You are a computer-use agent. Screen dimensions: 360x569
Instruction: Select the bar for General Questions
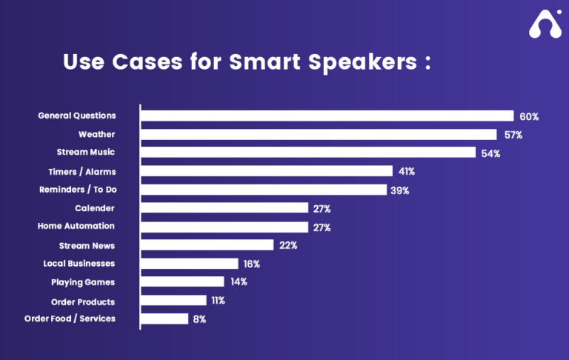point(327,116)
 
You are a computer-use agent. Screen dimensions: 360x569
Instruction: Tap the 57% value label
point(513,135)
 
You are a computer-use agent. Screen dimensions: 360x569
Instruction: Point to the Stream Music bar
point(308,153)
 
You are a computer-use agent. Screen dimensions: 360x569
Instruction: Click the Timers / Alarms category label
point(87,171)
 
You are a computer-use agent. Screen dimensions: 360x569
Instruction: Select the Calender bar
point(224,208)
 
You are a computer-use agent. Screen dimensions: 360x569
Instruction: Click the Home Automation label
point(76,226)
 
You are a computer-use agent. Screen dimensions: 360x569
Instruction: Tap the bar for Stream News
point(207,245)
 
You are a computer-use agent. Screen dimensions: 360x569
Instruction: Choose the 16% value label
point(251,264)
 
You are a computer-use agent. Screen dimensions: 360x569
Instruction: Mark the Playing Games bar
point(182,282)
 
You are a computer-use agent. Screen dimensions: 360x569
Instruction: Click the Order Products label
point(83,301)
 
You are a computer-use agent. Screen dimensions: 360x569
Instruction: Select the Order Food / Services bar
point(164,319)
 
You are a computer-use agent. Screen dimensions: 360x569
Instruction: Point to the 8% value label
point(199,319)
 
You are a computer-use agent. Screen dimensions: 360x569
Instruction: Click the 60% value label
point(529,116)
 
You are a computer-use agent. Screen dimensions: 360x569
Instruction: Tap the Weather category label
point(96,134)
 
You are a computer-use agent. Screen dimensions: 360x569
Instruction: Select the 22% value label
point(287,245)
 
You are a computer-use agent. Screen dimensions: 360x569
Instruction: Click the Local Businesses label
point(79,263)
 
